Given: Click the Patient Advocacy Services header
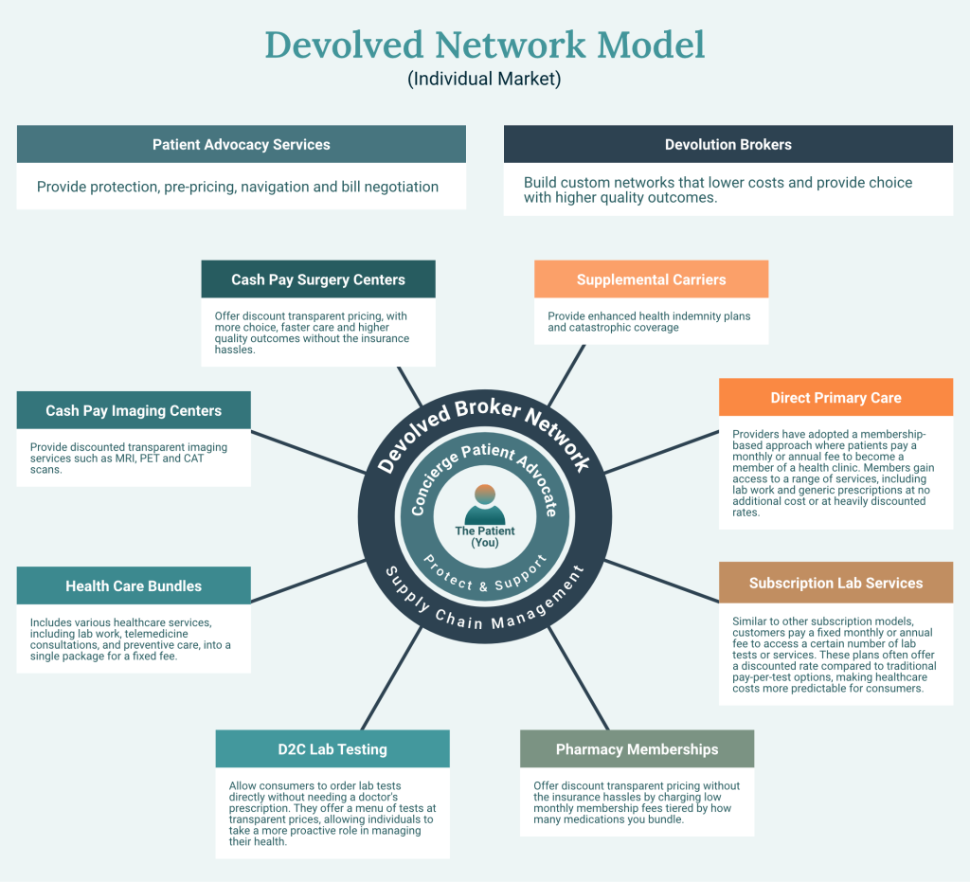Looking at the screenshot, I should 242,145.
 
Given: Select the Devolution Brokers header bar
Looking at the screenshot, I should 727,145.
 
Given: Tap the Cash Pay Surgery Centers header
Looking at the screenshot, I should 318,279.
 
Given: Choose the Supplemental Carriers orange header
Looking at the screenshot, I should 651,279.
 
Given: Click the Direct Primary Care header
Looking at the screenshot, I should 835,398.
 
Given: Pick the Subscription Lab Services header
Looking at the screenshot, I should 835,583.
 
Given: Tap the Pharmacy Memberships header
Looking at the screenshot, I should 637,749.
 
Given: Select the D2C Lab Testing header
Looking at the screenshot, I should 332,749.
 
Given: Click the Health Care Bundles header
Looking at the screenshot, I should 134,586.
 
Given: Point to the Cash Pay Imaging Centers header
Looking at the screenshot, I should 134,411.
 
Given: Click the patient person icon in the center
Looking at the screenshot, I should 485,505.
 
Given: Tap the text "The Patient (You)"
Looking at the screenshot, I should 485,537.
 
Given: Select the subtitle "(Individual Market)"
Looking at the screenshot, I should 484,80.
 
